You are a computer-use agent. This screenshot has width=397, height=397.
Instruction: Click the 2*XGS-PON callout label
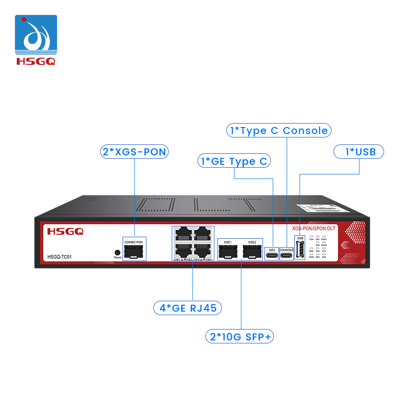134,152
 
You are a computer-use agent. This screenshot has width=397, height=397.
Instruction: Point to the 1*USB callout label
358,152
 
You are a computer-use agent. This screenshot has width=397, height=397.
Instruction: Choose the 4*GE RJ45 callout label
188,308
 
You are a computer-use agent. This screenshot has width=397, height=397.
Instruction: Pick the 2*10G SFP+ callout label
241,337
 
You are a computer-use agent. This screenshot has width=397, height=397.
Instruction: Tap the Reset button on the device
118,252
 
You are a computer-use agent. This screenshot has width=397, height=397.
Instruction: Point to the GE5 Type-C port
272,256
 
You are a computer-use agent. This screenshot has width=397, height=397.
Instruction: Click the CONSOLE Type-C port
286,256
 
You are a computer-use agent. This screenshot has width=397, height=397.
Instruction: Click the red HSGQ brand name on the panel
65,231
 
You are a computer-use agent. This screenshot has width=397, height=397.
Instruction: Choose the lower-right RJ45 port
202,250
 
